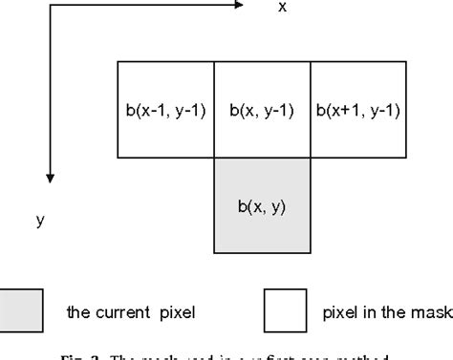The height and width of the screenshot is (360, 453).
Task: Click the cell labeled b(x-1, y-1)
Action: click(165, 109)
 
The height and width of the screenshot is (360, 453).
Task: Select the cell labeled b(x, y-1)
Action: click(262, 109)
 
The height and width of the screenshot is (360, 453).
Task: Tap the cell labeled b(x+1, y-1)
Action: click(357, 109)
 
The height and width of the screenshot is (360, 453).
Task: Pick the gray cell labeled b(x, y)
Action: click(262, 204)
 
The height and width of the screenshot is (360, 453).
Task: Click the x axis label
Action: click(282, 8)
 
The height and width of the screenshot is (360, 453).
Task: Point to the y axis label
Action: click(40, 220)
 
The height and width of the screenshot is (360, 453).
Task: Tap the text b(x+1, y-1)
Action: click(357, 109)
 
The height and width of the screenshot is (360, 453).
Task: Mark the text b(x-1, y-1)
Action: click(165, 109)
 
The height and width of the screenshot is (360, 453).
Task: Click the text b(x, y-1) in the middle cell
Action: click(261, 109)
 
